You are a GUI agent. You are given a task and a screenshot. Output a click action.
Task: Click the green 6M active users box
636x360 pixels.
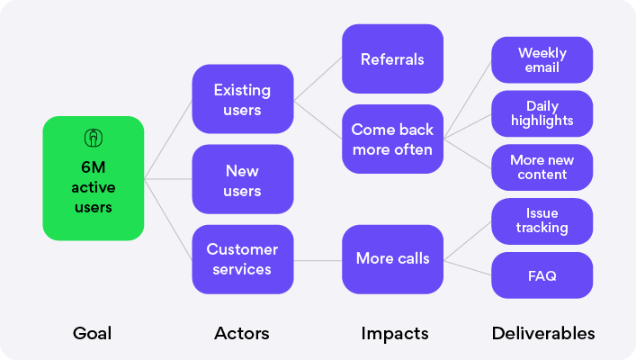click(x=94, y=178)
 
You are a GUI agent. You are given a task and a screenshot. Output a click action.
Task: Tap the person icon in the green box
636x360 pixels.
click(x=94, y=138)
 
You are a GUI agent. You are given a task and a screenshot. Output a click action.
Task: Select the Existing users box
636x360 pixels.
click(x=243, y=99)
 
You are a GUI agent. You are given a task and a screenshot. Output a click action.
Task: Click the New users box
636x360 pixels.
click(x=243, y=179)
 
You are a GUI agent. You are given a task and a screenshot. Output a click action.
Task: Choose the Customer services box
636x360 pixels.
click(x=243, y=259)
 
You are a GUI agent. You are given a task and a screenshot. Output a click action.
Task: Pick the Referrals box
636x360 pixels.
click(x=392, y=58)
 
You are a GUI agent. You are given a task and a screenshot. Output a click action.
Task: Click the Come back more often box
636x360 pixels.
click(x=392, y=139)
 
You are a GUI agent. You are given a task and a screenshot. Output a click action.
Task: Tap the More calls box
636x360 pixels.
click(x=392, y=259)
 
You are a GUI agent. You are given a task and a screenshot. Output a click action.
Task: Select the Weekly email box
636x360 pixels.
click(x=542, y=60)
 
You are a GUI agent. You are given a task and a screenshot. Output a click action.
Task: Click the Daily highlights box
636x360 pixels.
click(x=542, y=113)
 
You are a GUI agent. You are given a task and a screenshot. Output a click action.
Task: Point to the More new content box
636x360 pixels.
click(x=542, y=167)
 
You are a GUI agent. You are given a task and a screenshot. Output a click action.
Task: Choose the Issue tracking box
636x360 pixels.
click(x=542, y=221)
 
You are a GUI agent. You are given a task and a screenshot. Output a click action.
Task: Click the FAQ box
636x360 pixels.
click(x=542, y=275)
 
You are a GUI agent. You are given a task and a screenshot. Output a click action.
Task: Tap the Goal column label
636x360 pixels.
click(x=92, y=333)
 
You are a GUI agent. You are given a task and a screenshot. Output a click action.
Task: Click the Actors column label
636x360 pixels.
click(x=242, y=333)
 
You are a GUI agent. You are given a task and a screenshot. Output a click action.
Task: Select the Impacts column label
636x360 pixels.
click(x=395, y=334)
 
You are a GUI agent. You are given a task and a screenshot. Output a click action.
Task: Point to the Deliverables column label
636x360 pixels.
click(x=543, y=333)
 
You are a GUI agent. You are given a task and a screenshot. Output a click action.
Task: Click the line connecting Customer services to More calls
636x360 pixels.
click(x=318, y=261)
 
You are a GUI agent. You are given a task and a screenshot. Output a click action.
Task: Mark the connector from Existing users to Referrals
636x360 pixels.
click(x=318, y=78)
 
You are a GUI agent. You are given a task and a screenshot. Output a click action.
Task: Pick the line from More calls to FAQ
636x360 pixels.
click(x=467, y=268)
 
